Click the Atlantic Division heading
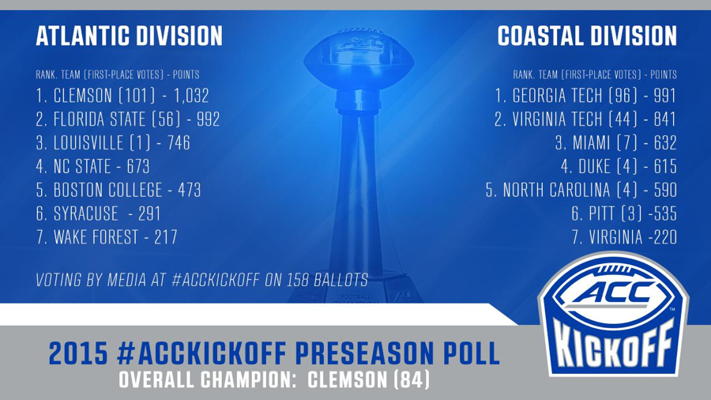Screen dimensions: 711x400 click(x=130, y=36)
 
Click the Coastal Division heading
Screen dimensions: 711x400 click(x=587, y=36)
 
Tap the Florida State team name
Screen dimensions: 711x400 click(x=100, y=119)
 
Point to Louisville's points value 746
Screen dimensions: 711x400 click(x=179, y=143)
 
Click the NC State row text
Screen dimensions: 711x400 click(x=93, y=167)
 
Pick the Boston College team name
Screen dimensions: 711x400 click(x=108, y=190)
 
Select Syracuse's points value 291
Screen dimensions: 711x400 click(x=149, y=213)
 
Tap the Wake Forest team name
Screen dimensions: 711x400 click(x=96, y=237)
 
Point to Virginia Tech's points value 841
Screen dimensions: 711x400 click(x=665, y=119)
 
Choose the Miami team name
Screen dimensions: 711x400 click(x=591, y=143)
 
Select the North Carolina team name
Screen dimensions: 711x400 click(x=556, y=190)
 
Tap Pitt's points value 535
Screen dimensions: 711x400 click(x=665, y=213)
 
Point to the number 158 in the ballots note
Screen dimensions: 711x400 click(x=297, y=281)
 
